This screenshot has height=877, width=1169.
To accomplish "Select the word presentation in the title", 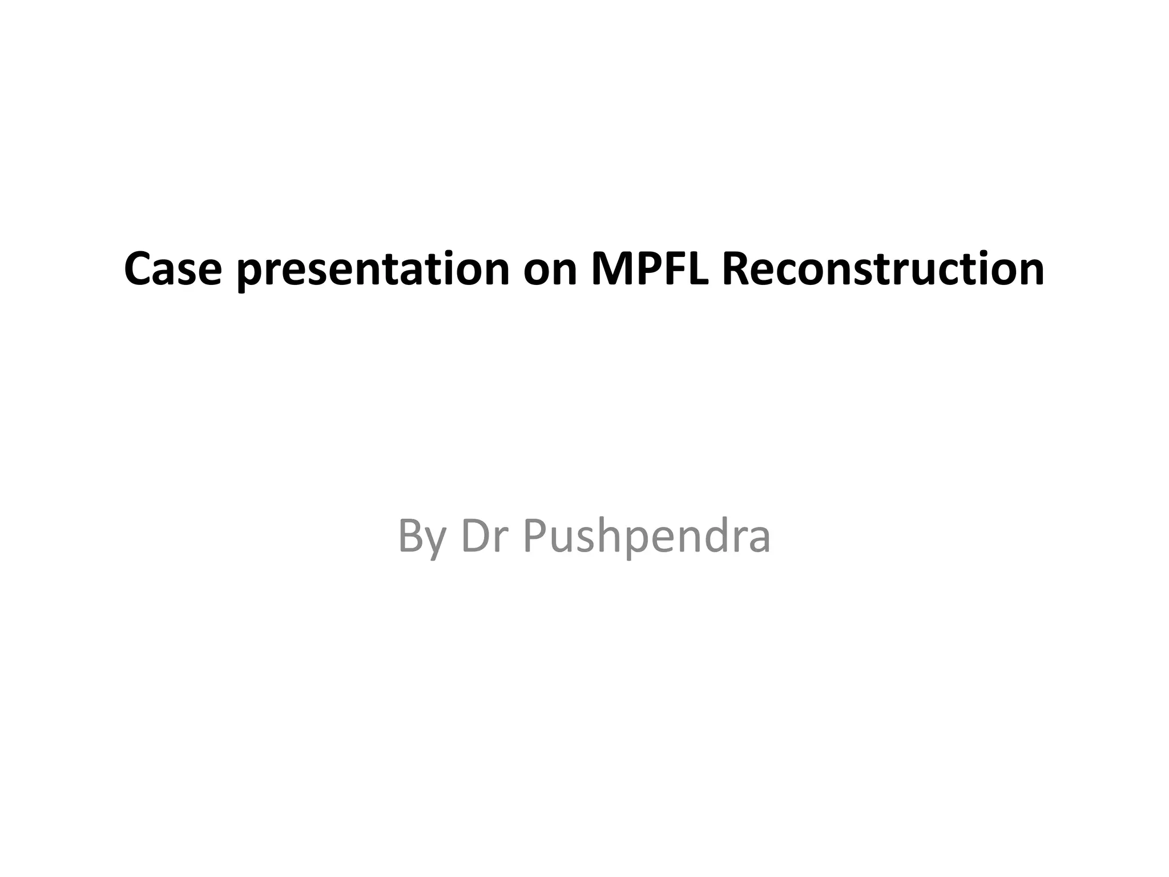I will tap(373, 269).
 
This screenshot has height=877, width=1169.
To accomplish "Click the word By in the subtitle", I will tap(421, 537).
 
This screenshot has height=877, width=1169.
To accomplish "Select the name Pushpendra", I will tap(646, 537).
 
